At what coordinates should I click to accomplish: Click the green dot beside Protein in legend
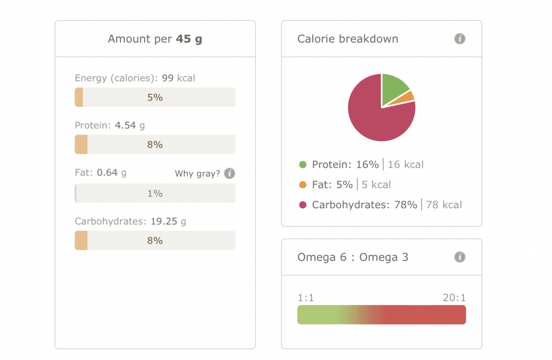[x=303, y=165]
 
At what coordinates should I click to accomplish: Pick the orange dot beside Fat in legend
[x=303, y=185]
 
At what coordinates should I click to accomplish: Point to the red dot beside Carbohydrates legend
[x=303, y=205]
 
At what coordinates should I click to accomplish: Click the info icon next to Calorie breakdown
[x=460, y=39]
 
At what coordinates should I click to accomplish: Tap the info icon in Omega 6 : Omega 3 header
[x=460, y=257]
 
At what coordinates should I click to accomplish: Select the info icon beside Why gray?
[x=229, y=174]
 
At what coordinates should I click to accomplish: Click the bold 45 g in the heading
[x=189, y=39]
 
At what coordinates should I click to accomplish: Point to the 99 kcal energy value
[x=178, y=78]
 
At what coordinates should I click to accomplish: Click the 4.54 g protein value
[x=130, y=125]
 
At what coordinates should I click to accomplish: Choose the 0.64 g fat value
[x=112, y=172]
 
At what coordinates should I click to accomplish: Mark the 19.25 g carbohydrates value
[x=168, y=222]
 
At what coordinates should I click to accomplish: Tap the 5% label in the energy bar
[x=155, y=97]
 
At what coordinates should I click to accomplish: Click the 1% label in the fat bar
[x=155, y=194]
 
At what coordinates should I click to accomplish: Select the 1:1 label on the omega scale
[x=306, y=298]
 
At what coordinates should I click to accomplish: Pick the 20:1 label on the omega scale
[x=454, y=298]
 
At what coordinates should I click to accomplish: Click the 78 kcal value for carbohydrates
[x=444, y=205]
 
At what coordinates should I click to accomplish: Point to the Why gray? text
[x=197, y=174]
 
